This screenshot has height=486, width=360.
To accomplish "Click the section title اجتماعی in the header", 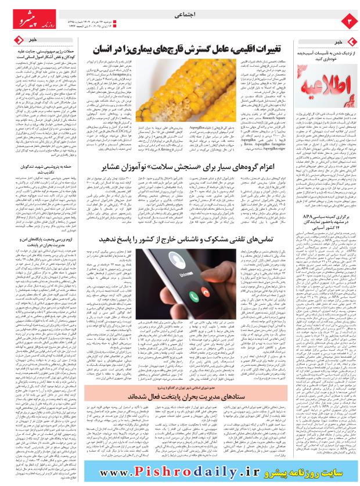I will point(180,19).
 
